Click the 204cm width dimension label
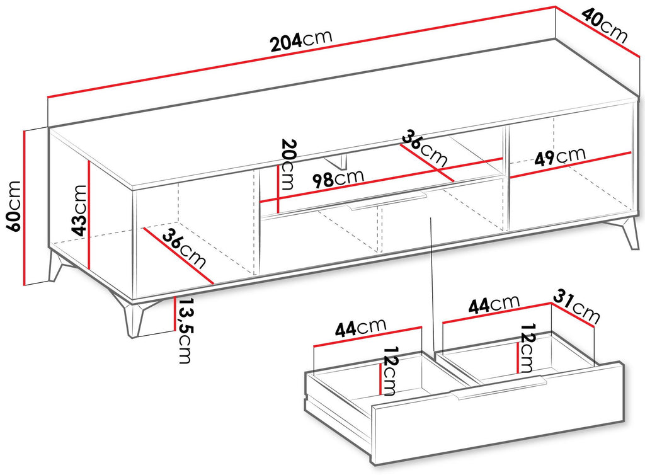(302, 40)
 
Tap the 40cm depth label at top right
(605, 26)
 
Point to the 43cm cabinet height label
(79, 210)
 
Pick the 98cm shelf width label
(338, 178)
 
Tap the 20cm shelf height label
(287, 164)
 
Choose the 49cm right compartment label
(560, 156)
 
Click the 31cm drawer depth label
(576, 306)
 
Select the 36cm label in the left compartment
(184, 249)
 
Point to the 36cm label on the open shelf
(425, 148)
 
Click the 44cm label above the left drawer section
(361, 328)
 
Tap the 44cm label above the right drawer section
(494, 304)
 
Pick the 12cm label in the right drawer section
(527, 348)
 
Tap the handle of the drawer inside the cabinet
(387, 201)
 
